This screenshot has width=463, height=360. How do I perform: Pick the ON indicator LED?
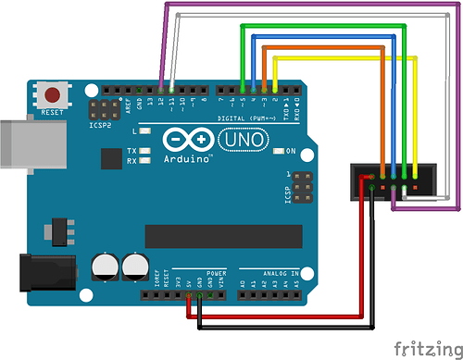(x=279, y=151)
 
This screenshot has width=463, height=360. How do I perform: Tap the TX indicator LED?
(x=145, y=150)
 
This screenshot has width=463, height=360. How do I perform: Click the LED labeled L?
(x=145, y=131)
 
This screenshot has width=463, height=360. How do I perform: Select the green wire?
(x=324, y=27)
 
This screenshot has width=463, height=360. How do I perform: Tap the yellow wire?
(x=333, y=57)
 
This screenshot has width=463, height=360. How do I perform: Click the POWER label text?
(x=216, y=275)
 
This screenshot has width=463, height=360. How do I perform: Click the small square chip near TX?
(x=111, y=158)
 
